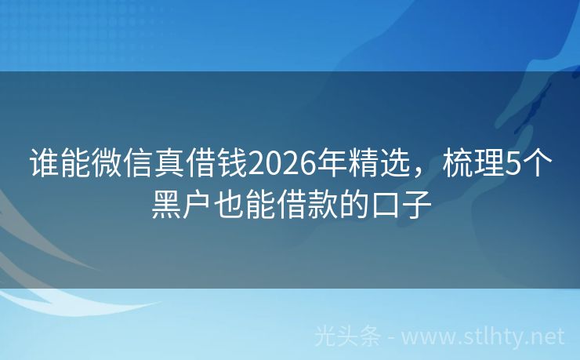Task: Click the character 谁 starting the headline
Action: [44, 165]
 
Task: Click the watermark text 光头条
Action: [347, 336]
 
